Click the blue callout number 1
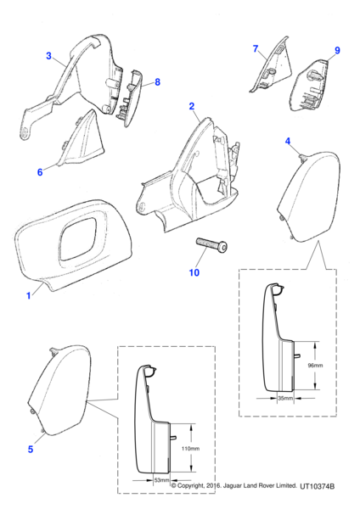tap(29, 296)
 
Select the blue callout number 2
tap(192, 106)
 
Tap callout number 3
tap(48, 56)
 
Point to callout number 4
tap(288, 141)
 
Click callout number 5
tap(31, 450)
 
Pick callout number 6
tap(40, 172)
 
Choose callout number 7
tap(256, 48)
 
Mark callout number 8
tap(158, 82)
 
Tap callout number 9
tap(337, 51)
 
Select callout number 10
tap(194, 272)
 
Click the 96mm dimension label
tap(315, 366)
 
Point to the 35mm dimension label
tap(285, 398)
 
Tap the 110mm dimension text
tap(190, 449)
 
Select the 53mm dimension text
tap(161, 480)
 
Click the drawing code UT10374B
tap(317, 486)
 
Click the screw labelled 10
tap(211, 244)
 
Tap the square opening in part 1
tap(78, 238)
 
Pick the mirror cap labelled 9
tap(310, 86)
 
